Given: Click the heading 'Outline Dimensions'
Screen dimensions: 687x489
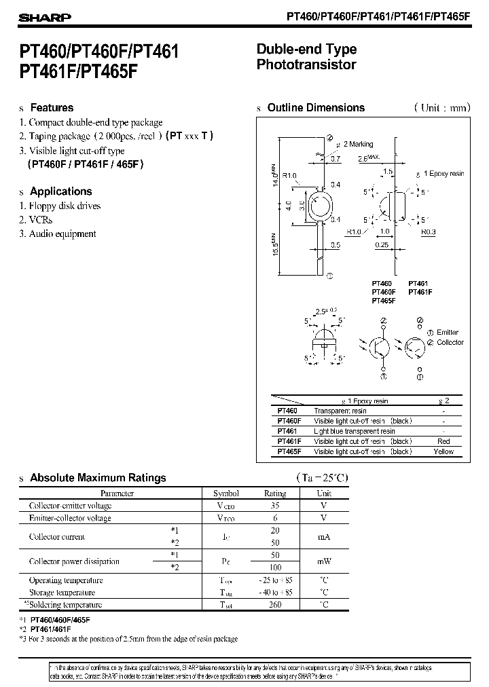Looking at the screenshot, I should click(x=316, y=108).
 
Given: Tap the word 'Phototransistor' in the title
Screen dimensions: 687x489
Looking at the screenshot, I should click(x=306, y=65).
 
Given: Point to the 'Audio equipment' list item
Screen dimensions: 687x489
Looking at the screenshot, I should click(x=62, y=234).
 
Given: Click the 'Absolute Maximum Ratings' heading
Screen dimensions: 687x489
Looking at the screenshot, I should click(x=98, y=478).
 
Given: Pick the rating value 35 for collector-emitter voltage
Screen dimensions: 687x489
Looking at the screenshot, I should click(x=274, y=506).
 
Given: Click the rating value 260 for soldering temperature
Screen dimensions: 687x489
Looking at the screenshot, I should click(x=274, y=605).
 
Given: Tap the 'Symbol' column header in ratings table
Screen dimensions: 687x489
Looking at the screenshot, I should click(x=226, y=494).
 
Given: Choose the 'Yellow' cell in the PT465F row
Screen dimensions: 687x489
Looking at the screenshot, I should click(x=443, y=451).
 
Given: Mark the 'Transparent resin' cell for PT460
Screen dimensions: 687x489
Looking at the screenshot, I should click(x=340, y=411).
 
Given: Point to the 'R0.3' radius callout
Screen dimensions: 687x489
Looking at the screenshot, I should click(x=428, y=232).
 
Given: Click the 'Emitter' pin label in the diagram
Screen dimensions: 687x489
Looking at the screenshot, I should click(x=448, y=332).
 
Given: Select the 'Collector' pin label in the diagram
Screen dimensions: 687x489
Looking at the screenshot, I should click(x=450, y=342).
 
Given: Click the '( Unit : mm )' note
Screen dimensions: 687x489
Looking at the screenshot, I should click(x=441, y=108).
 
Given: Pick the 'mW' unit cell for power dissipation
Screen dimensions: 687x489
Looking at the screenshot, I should click(x=324, y=561).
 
